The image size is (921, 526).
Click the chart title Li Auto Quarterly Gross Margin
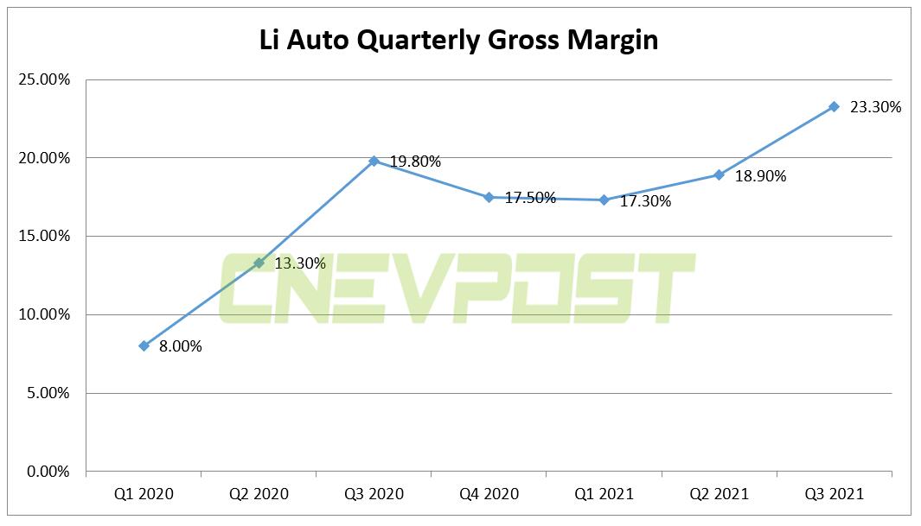(459, 40)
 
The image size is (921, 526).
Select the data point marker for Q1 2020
(144, 345)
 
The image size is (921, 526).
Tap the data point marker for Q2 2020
(259, 263)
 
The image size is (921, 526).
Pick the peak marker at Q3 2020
(374, 161)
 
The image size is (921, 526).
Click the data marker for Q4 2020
(489, 197)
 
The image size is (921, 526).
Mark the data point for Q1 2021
(604, 200)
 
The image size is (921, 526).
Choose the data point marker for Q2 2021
(719, 174)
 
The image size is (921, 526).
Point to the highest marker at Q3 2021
(834, 106)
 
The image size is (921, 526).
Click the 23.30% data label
(875, 108)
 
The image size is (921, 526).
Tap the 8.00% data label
(180, 347)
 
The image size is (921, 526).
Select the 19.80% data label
(415, 162)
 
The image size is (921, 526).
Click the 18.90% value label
(760, 176)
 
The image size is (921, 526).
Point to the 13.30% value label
(300, 263)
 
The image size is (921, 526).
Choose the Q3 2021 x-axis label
(834, 494)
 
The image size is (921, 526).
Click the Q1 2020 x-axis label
(144, 494)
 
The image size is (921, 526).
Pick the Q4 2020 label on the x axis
(489, 494)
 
